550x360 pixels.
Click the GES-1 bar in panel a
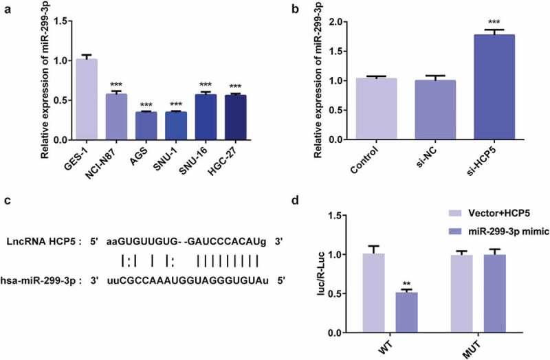click(x=87, y=99)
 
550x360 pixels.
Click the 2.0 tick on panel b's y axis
click(x=325, y=22)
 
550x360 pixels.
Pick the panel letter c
click(x=7, y=201)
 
